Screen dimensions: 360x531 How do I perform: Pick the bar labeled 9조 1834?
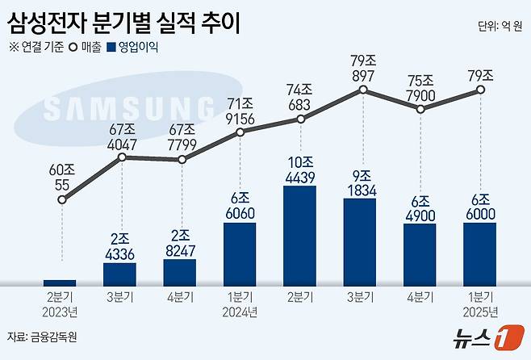[359, 241]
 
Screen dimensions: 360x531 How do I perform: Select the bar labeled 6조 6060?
[240, 253]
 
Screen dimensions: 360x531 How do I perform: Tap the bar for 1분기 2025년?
[479, 253]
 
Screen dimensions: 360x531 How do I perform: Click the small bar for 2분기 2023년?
[61, 282]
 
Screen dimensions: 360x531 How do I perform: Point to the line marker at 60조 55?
[61, 199]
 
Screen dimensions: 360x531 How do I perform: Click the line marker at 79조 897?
[360, 93]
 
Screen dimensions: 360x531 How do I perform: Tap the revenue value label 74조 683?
[300, 95]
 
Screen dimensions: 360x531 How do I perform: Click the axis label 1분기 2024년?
[240, 304]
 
